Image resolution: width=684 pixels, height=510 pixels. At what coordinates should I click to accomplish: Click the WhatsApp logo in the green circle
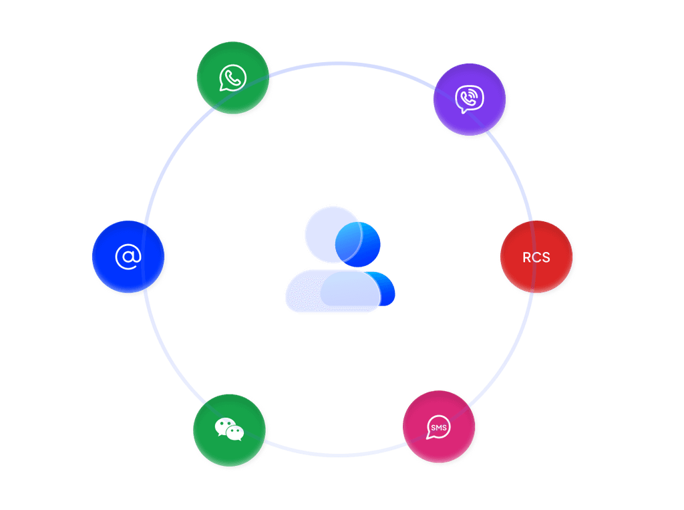pos(232,78)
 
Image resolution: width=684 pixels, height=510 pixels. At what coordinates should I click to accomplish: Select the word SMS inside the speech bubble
pos(438,427)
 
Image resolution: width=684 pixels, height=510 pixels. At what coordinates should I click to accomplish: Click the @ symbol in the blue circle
pos(128,257)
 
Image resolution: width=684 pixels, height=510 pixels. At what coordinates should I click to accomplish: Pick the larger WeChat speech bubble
pos(225,426)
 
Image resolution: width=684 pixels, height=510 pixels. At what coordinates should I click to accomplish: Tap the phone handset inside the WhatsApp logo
pos(232,79)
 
